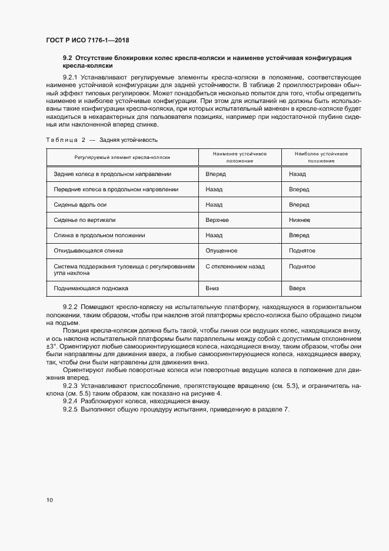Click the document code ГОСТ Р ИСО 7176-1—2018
click(x=87, y=41)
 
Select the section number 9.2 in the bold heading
click(x=67, y=58)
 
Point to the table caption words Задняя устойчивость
click(x=128, y=140)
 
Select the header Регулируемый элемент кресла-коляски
click(x=122, y=158)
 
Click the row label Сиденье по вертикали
click(x=84, y=220)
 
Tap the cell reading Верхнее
click(x=217, y=220)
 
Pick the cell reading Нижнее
click(x=300, y=220)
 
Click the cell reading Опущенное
click(x=221, y=250)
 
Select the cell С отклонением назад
click(x=235, y=266)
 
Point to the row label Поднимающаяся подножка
click(x=91, y=288)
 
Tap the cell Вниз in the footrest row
click(x=212, y=288)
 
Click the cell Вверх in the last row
click(x=298, y=288)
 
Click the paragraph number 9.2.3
click(x=70, y=384)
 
